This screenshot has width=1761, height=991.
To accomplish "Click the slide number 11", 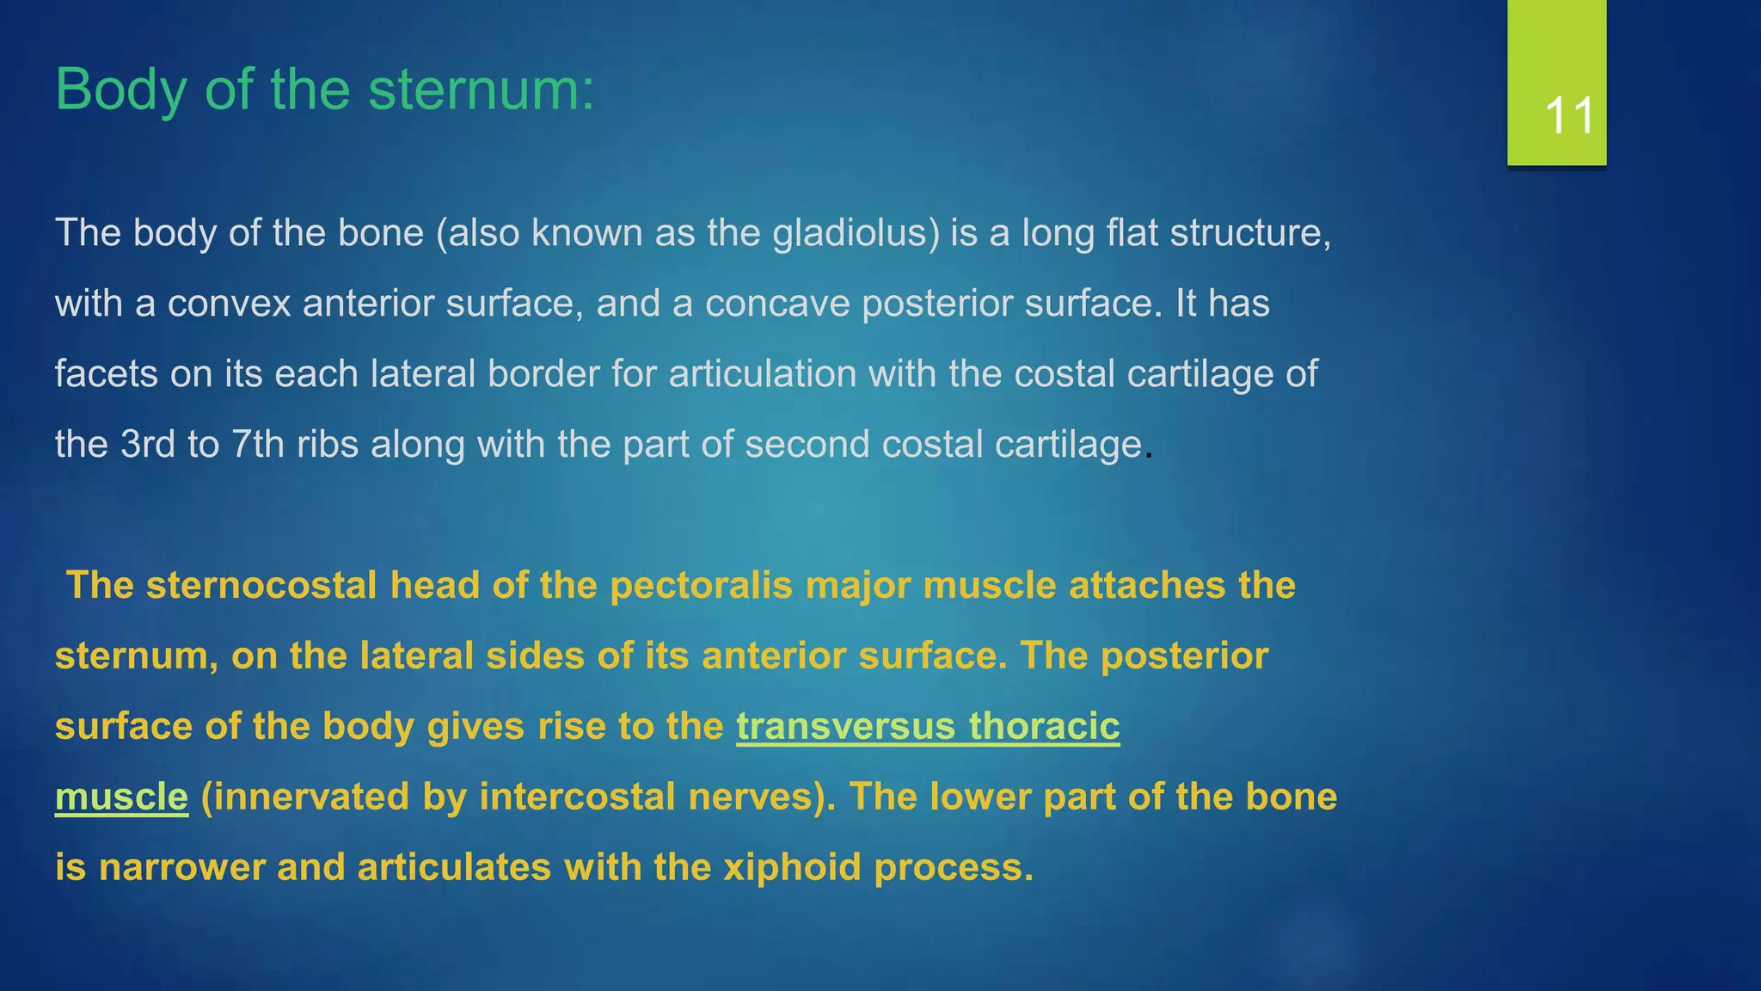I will point(1569,115).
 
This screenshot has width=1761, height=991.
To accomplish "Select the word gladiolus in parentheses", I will point(856,233).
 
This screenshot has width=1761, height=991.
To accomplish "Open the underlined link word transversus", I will point(845,727).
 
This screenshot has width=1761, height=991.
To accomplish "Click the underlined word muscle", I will point(121,797).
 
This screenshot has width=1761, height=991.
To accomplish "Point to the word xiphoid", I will point(792,867).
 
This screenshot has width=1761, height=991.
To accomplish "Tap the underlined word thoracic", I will point(1044,727).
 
